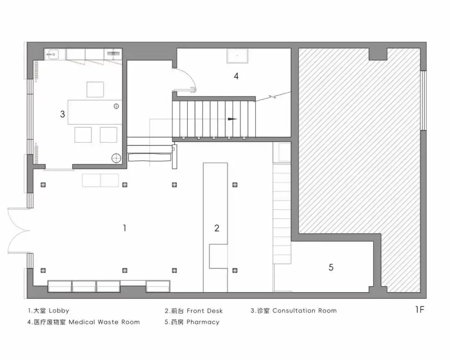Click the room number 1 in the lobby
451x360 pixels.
124,228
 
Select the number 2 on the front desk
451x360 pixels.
216,228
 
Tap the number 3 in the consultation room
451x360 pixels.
62,114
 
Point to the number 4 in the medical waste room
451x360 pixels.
236,76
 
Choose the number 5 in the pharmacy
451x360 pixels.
331,267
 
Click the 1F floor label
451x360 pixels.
420,310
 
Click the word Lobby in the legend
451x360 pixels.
59,311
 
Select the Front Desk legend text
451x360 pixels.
205,311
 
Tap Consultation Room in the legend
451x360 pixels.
304,311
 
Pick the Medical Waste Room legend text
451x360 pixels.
104,322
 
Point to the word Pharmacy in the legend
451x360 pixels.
203,322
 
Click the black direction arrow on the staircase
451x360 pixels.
232,119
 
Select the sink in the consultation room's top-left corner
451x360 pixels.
53,54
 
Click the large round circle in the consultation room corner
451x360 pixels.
116,158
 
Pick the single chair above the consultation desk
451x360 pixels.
95,89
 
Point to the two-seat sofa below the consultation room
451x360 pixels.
101,180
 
